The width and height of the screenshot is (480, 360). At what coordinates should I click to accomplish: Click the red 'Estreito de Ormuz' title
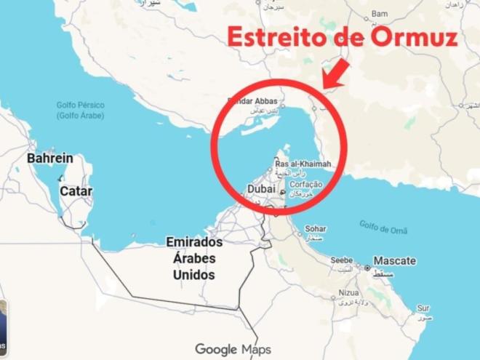343,36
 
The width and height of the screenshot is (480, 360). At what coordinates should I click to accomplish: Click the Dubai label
262,189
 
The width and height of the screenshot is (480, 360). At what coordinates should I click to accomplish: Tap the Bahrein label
50,158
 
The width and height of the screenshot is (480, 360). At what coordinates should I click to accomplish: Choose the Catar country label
76,191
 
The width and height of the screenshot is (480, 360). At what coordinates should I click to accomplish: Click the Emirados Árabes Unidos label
194,258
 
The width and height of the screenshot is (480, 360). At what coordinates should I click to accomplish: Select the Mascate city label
395,260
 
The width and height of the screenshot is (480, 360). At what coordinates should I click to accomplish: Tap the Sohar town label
315,228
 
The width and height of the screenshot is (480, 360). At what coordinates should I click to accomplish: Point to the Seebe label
342,260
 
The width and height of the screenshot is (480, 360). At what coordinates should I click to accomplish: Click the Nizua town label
348,293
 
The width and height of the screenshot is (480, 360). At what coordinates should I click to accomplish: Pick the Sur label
423,308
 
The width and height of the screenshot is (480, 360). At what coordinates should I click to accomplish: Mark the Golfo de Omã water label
383,227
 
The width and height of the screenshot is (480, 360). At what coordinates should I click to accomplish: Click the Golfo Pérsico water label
81,110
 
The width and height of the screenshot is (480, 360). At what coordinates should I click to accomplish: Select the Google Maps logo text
233,349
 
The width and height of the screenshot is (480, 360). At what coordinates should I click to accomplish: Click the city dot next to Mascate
367,268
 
